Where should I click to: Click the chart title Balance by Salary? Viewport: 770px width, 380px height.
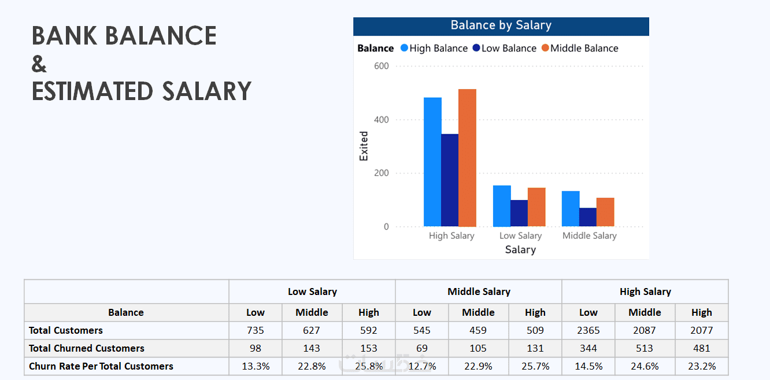tap(501, 25)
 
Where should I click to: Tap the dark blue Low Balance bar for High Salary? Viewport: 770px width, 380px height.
tap(450, 180)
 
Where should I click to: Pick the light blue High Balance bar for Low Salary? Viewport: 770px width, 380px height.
tap(502, 206)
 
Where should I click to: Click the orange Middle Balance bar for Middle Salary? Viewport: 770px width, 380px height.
tap(605, 212)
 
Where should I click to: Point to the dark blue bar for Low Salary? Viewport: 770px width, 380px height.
tap(519, 213)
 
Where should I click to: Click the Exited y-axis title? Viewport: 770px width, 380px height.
tap(364, 146)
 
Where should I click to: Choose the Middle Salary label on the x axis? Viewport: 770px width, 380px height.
tap(589, 236)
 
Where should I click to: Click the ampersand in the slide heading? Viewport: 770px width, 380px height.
tap(39, 64)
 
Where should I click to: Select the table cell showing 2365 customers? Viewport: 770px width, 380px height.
tap(588, 330)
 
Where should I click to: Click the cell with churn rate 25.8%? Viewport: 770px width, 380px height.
tap(368, 366)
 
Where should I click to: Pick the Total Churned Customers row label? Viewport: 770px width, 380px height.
tap(87, 348)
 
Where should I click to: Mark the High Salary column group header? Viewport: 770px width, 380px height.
tap(645, 292)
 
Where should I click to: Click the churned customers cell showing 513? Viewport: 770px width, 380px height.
tap(645, 348)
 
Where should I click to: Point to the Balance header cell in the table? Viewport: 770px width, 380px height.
tap(126, 312)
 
